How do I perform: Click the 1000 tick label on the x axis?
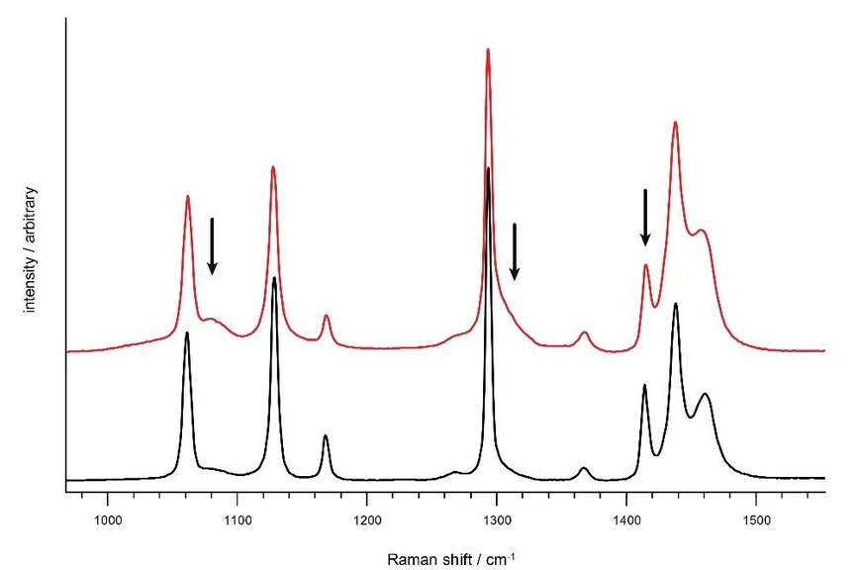[107, 518]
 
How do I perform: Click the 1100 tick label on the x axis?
[237, 518]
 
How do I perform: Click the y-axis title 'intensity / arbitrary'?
[30, 248]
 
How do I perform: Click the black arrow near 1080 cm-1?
[212, 247]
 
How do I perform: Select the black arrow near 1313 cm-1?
[515, 252]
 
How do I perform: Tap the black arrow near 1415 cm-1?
[645, 218]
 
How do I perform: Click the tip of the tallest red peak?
[488, 49]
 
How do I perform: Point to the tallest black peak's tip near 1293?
[488, 169]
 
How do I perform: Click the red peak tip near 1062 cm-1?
[188, 196]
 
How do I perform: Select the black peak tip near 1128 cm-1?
[274, 278]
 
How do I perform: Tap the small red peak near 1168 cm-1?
[326, 316]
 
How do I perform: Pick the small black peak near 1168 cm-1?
[326, 436]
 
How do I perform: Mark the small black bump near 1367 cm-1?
[584, 468]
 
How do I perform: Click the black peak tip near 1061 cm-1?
[187, 333]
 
